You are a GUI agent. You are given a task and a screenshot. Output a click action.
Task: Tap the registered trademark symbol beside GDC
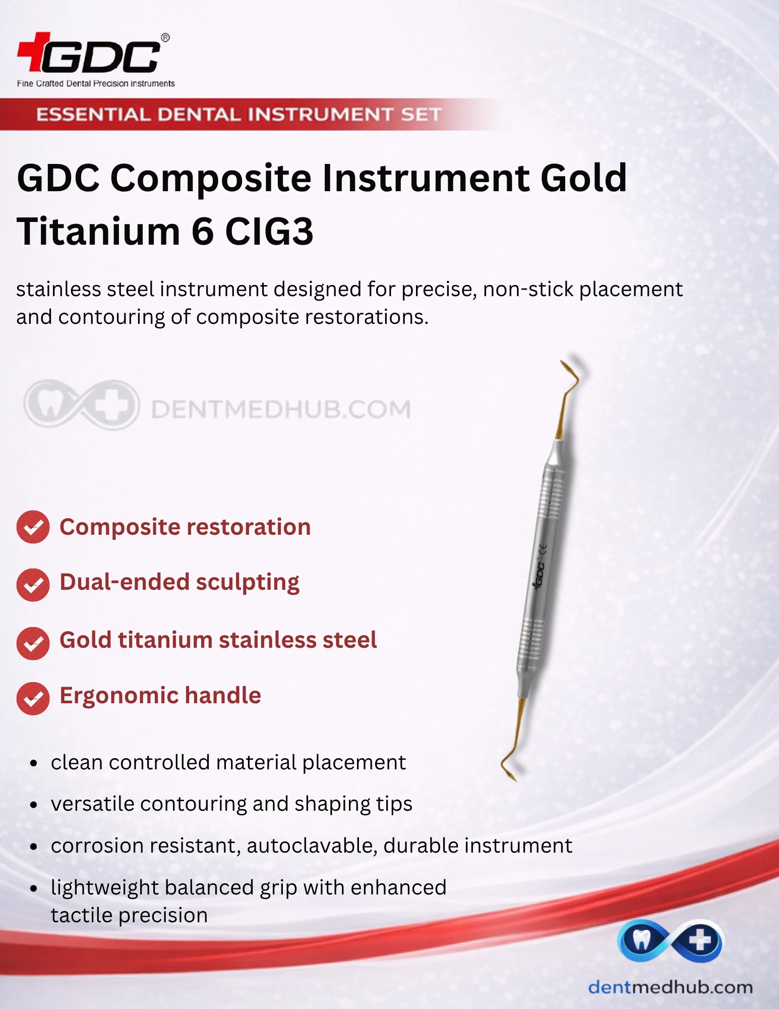tap(165, 38)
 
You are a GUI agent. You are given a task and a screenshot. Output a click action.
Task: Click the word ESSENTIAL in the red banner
tap(93, 115)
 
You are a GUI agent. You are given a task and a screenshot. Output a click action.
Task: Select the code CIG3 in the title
tap(269, 231)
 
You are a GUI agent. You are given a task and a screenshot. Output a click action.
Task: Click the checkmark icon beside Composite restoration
tap(33, 527)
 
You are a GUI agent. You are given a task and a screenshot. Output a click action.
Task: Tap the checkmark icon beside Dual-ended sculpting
tap(33, 585)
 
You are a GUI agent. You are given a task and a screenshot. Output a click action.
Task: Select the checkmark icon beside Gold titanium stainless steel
tap(33, 643)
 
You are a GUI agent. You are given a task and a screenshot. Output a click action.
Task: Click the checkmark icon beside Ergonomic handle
tap(33, 698)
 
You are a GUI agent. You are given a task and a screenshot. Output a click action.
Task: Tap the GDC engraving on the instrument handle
tap(539, 576)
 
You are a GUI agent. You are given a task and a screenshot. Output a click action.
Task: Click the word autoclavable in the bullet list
tap(312, 846)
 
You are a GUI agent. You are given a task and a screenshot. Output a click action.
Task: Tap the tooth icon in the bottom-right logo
tap(641, 940)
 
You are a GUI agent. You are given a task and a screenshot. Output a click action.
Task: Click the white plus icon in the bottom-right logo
tap(700, 940)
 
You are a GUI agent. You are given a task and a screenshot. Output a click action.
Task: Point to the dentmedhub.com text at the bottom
tap(670, 987)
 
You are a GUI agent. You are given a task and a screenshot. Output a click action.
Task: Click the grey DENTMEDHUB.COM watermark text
tap(281, 409)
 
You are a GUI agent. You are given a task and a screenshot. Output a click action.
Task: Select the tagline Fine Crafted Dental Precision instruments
tap(96, 83)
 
